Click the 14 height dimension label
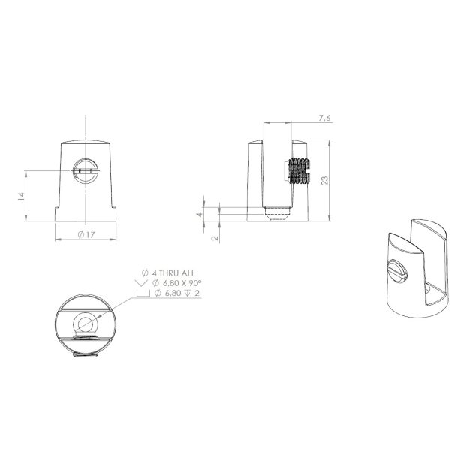(x=22, y=195)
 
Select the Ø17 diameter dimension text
(x=86, y=235)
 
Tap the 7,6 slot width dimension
(x=324, y=119)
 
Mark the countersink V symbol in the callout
(x=140, y=284)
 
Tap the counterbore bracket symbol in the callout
(x=140, y=294)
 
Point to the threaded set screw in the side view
(x=298, y=173)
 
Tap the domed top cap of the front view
(x=86, y=142)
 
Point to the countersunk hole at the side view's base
(x=278, y=215)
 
